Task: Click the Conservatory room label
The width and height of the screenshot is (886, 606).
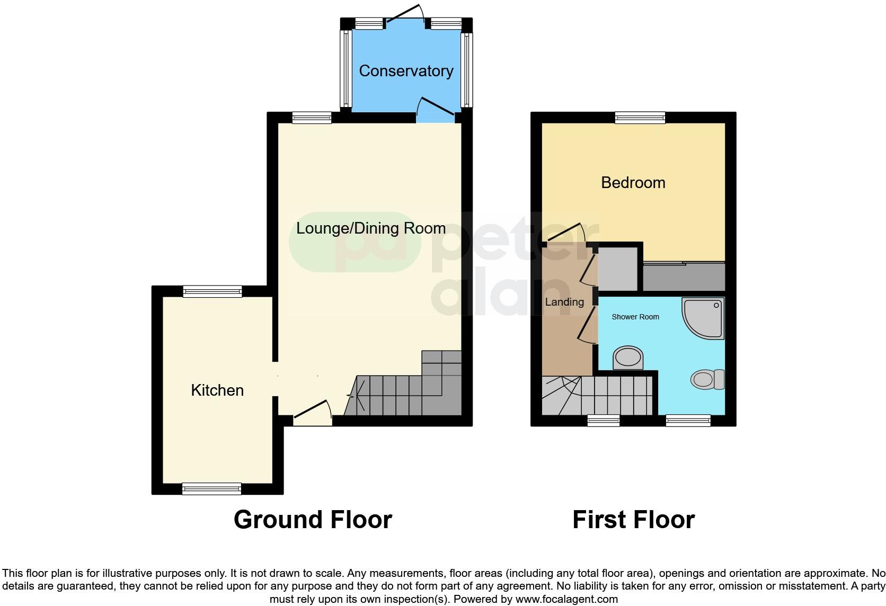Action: point(406,71)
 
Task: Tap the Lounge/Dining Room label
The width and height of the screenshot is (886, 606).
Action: point(370,228)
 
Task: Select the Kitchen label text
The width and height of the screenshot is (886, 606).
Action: point(217,390)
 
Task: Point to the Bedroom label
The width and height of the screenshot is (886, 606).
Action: point(633,183)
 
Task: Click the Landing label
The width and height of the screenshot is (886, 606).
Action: point(564,302)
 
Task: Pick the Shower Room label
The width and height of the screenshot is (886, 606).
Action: point(635,317)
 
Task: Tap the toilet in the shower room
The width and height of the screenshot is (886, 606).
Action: point(707,379)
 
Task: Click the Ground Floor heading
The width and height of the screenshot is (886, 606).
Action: point(313,520)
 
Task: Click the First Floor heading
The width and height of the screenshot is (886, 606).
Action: point(633,520)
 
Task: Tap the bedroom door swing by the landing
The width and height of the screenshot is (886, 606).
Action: point(567,233)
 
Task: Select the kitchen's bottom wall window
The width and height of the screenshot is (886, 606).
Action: point(211,488)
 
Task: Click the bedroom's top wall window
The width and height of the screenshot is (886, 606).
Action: point(640,118)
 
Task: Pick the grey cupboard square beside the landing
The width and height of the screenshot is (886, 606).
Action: point(618,268)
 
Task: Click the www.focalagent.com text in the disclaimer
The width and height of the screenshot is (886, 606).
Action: point(566,600)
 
